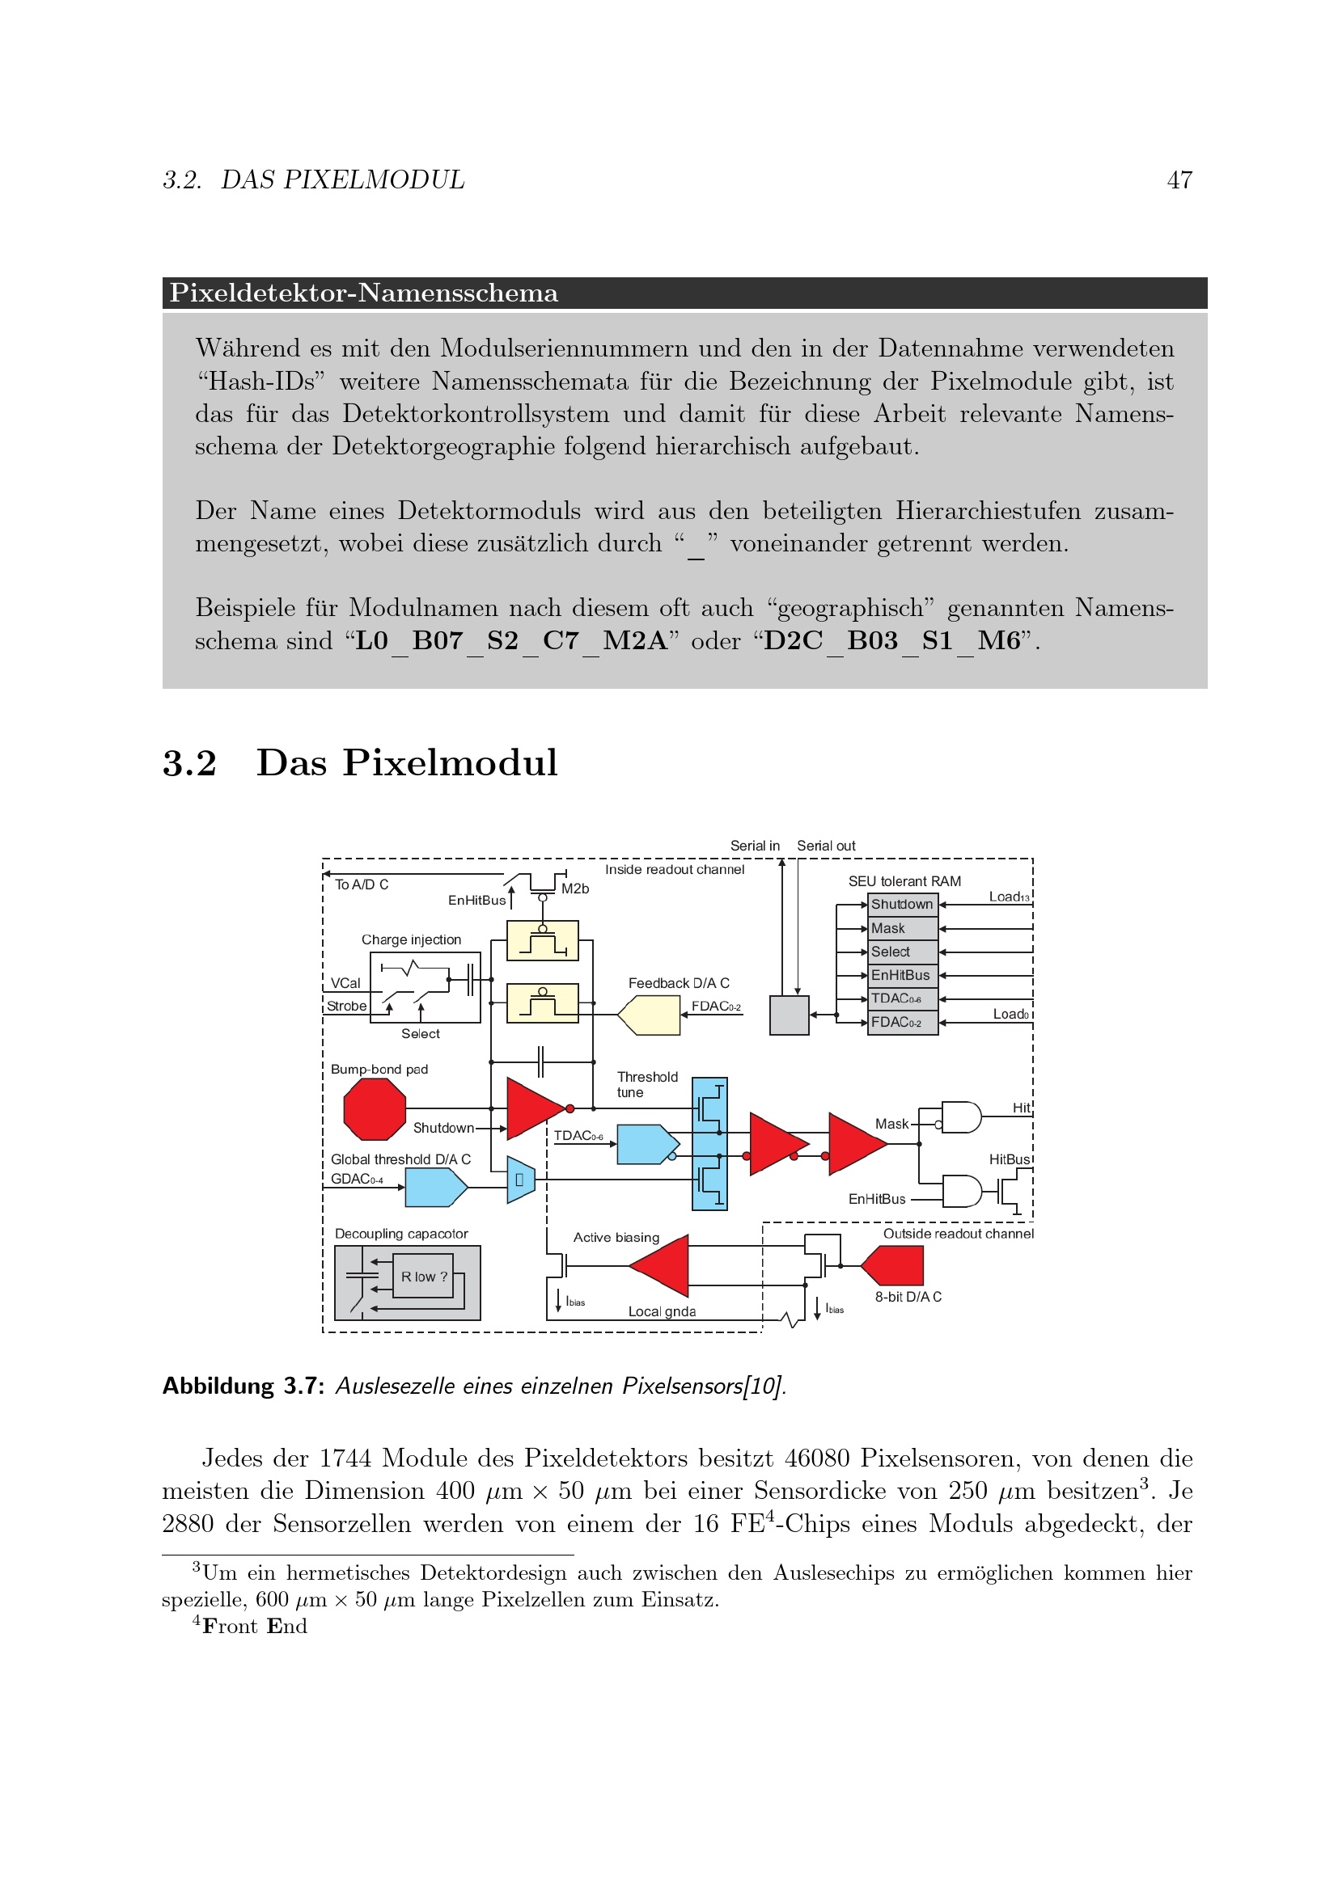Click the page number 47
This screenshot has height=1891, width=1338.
1179,180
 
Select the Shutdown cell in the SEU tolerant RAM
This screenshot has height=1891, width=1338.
902,905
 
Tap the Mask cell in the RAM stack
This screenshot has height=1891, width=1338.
902,928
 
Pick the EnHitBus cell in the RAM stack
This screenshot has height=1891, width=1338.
902,975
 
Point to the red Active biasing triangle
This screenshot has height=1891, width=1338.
664,1265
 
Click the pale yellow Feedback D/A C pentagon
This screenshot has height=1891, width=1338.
650,1015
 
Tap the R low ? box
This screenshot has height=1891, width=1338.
423,1277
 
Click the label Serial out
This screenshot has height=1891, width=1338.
826,846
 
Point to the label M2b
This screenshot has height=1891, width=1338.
575,889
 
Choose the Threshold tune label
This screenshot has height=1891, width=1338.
647,1084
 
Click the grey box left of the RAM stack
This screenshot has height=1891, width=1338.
789,1015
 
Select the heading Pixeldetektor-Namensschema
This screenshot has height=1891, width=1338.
363,293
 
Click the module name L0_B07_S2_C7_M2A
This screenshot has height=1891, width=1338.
510,641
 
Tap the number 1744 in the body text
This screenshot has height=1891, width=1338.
345,1458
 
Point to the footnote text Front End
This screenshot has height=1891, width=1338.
255,1626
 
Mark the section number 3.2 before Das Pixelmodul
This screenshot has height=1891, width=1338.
189,762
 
